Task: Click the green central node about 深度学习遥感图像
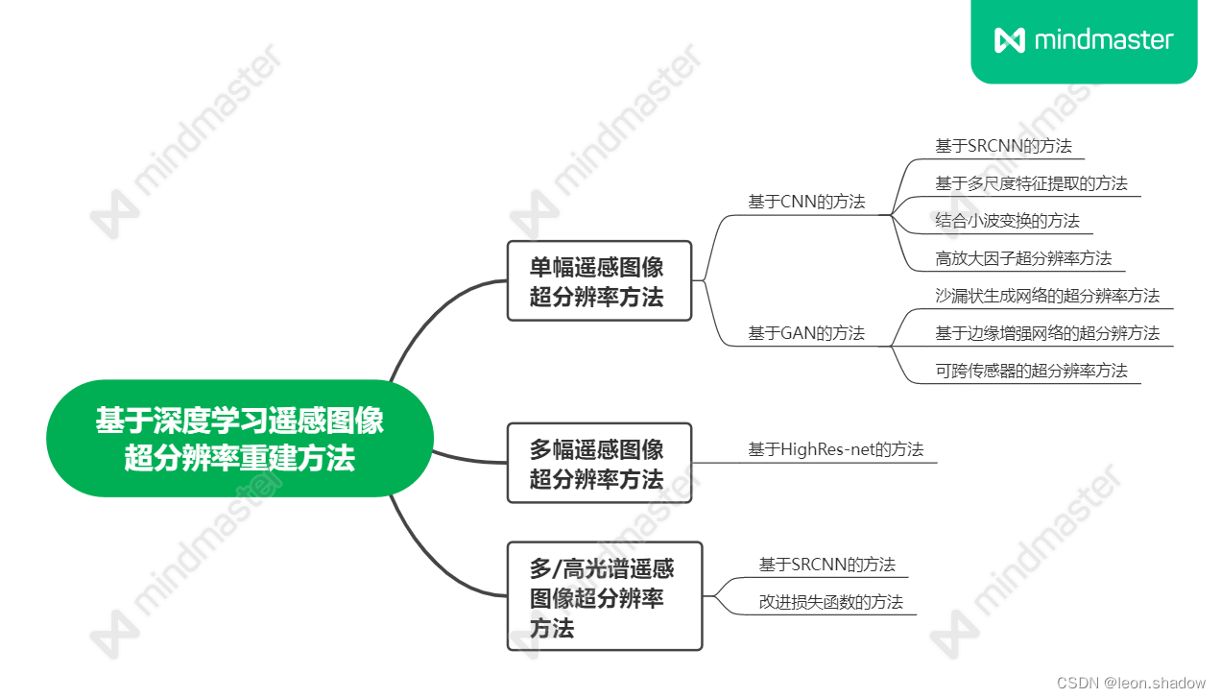point(239,439)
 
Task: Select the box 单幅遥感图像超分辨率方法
point(598,280)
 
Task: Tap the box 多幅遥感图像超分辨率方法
point(598,463)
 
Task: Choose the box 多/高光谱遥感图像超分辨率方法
point(604,596)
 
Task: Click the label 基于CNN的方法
point(806,202)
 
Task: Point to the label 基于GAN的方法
point(806,333)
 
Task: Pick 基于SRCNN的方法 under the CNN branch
point(1003,146)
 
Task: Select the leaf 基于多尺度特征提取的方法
point(1031,183)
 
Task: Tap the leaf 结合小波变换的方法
point(1007,221)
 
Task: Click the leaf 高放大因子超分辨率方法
point(1023,258)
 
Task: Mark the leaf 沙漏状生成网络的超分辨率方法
point(1047,296)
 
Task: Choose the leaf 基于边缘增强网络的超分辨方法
point(1047,333)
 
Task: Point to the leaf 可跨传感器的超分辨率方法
point(1031,371)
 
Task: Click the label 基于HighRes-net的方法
point(835,448)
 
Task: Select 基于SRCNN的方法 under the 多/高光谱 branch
point(826,565)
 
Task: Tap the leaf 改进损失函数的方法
point(830,602)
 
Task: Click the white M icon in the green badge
point(1010,40)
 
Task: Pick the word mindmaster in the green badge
point(1104,40)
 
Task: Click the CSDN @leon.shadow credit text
point(1131,683)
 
